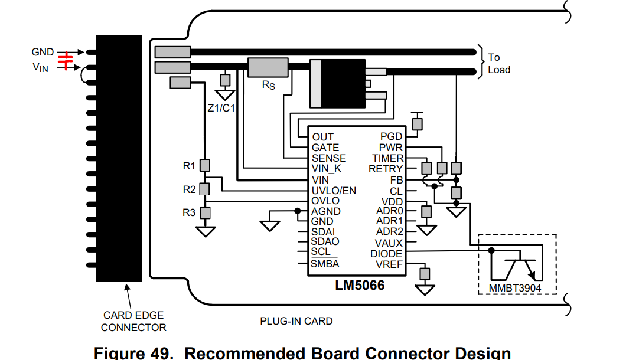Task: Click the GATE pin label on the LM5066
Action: (x=325, y=148)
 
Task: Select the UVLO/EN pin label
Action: (x=334, y=190)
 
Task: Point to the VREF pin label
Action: (x=389, y=264)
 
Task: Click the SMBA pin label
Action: (x=325, y=264)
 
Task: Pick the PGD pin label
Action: (x=391, y=137)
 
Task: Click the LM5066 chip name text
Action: (x=360, y=286)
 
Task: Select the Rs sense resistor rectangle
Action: (x=268, y=68)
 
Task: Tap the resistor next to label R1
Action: (x=205, y=165)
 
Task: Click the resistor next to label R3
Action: (x=205, y=212)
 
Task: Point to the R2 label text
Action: (x=189, y=190)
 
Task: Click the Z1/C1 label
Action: (x=221, y=108)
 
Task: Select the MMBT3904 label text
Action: (x=514, y=288)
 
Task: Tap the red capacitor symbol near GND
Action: (x=67, y=60)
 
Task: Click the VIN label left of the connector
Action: (x=41, y=68)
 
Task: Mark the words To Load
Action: (x=498, y=63)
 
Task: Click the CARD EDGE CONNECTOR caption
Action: (x=133, y=322)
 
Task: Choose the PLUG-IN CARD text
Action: (x=296, y=322)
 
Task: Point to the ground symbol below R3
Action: (x=206, y=231)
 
